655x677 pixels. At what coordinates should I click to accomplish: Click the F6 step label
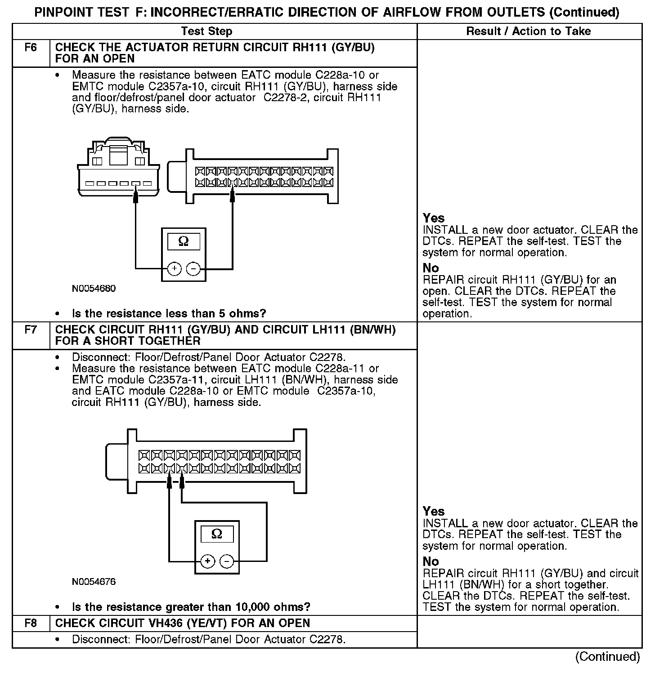(x=31, y=48)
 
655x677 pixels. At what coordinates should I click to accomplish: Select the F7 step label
(x=31, y=330)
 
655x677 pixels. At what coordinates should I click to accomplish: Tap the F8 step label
(x=31, y=624)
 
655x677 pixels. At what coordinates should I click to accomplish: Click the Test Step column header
(x=206, y=31)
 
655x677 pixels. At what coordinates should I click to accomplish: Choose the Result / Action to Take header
(x=529, y=31)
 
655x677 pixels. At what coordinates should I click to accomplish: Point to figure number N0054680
(x=94, y=289)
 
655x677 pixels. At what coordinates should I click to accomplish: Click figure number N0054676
(x=94, y=582)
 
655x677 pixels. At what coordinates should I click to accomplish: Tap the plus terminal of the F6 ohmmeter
(x=174, y=269)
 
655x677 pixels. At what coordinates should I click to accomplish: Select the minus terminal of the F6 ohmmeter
(x=193, y=269)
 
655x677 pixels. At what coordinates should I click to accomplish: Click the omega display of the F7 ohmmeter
(x=217, y=534)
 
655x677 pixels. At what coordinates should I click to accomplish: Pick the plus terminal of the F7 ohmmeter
(x=207, y=561)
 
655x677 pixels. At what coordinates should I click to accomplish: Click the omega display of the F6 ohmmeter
(x=184, y=241)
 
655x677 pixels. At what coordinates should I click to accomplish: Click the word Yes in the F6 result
(x=434, y=218)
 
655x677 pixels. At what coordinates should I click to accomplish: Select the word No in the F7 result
(x=431, y=561)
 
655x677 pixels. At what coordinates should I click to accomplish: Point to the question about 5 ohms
(x=169, y=313)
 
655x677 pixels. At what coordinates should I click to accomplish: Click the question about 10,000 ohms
(x=191, y=607)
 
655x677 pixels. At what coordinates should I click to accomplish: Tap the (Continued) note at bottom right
(x=607, y=657)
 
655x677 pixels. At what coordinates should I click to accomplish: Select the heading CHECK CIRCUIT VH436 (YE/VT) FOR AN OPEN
(x=182, y=624)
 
